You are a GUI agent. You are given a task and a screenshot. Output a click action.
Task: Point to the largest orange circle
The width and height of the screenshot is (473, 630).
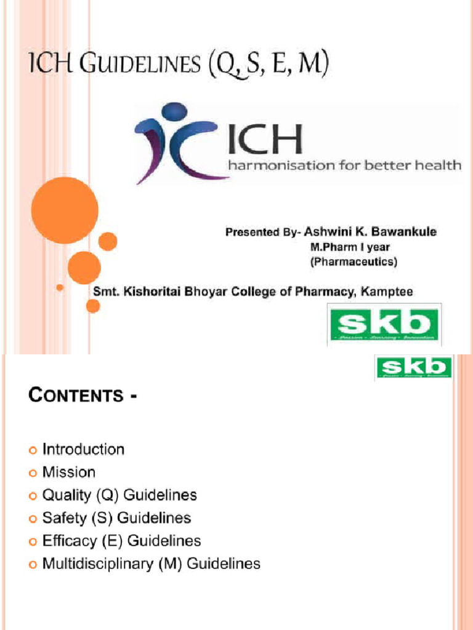pos(65,210)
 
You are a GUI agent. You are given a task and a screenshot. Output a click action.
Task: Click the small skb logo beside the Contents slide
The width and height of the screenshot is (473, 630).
pos(413,369)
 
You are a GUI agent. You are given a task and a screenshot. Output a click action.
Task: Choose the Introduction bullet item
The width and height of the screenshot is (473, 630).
pos(83,450)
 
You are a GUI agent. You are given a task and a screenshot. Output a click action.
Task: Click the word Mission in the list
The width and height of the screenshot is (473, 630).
pos(69,472)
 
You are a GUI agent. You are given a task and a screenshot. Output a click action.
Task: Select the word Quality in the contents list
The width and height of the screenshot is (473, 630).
pos(65,495)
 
